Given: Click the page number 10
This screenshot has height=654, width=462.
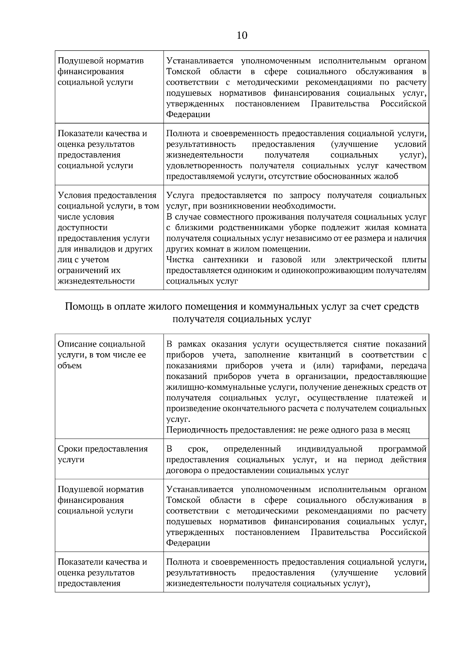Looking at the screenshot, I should pyautogui.click(x=242, y=35).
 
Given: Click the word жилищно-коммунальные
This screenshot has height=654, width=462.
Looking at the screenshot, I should pyautogui.click(x=231, y=387).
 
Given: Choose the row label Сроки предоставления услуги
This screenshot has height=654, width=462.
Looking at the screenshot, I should pyautogui.click(x=102, y=454).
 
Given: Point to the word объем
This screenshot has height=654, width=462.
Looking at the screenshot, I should pyautogui.click(x=70, y=366).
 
